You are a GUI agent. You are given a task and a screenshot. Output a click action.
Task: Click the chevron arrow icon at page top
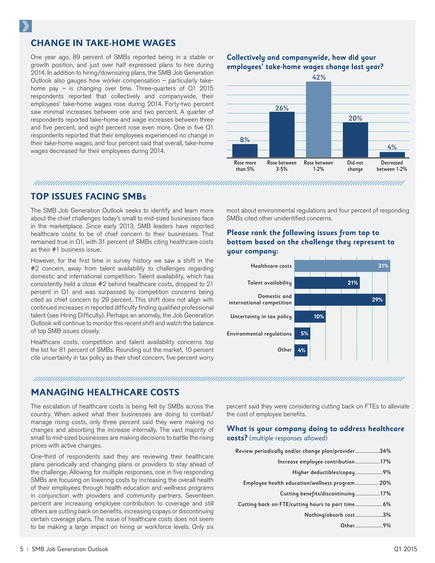point(25,26)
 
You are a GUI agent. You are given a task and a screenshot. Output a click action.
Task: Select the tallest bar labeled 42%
point(319,119)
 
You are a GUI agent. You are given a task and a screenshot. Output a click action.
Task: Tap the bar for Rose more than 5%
point(245,151)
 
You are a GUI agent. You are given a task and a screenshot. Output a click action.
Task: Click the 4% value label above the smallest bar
point(392,147)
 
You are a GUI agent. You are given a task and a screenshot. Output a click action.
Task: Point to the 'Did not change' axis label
point(355,166)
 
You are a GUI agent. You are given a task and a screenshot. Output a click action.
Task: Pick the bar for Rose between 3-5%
point(282,134)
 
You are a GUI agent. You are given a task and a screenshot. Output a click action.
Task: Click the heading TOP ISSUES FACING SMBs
point(88,197)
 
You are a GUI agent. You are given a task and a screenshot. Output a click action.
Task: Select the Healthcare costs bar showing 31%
point(342,266)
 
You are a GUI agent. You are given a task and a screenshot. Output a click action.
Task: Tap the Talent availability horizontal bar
point(327,283)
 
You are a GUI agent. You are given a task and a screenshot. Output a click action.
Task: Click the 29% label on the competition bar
point(377,300)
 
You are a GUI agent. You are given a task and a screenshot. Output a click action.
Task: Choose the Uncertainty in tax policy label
point(261,317)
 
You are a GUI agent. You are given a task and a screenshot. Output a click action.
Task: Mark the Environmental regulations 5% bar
point(302,333)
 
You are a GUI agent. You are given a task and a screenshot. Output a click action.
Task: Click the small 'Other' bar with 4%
point(301,350)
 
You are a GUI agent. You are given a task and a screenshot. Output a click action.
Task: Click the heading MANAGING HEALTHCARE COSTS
point(105,392)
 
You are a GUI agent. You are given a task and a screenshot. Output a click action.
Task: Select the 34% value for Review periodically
point(385,451)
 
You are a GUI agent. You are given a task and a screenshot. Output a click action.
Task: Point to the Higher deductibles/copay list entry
point(323,472)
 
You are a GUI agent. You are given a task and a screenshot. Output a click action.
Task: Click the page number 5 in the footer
point(22,549)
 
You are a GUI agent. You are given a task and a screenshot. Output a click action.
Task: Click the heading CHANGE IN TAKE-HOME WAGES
point(103,43)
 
